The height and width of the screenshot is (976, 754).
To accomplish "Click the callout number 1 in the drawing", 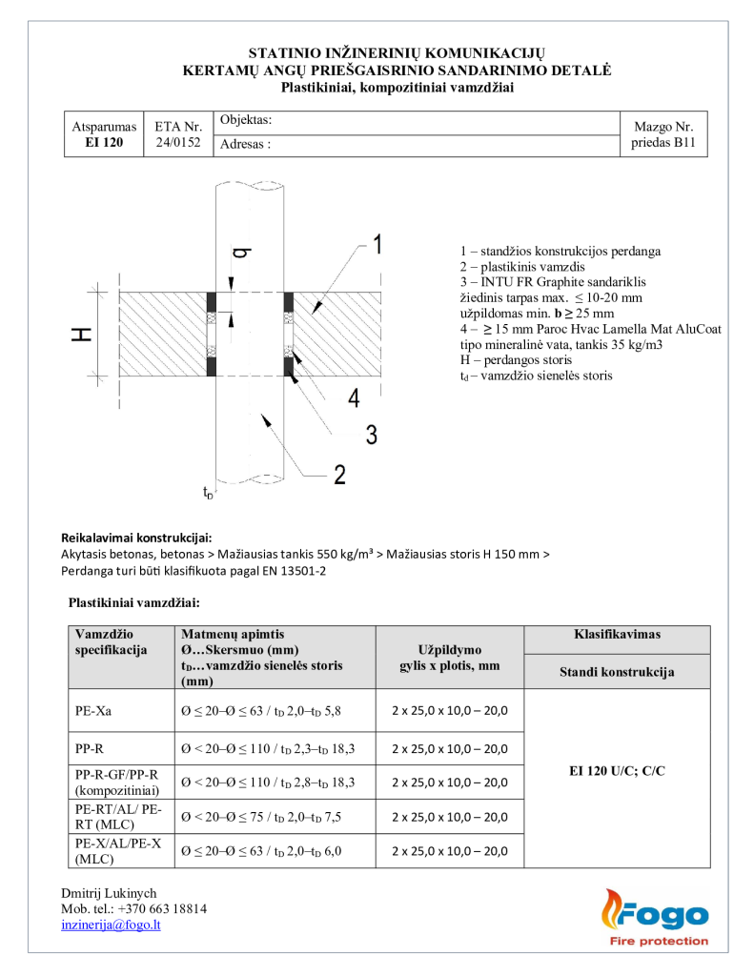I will [377, 245].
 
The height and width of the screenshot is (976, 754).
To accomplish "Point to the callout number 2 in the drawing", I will [338, 474].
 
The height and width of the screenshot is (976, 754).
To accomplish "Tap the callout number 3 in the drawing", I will [371, 436].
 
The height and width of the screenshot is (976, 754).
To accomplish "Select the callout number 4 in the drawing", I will [354, 398].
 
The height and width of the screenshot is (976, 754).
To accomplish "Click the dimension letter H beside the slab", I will [83, 334].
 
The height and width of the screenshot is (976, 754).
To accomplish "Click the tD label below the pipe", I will [208, 493].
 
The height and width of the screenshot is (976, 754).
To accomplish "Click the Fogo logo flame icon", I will [610, 910].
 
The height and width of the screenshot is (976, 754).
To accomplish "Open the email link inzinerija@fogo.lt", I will [111, 925].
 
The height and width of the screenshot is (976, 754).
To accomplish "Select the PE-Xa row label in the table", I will [92, 711].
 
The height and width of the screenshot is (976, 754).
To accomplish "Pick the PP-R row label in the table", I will [90, 749].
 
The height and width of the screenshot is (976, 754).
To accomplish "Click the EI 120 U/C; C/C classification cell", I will [617, 770].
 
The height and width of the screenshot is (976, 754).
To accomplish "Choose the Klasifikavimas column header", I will [617, 635].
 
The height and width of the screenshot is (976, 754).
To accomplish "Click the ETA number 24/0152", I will [178, 143].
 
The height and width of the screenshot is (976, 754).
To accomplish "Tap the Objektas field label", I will [246, 121].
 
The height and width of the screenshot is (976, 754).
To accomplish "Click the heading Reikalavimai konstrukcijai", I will [136, 538].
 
